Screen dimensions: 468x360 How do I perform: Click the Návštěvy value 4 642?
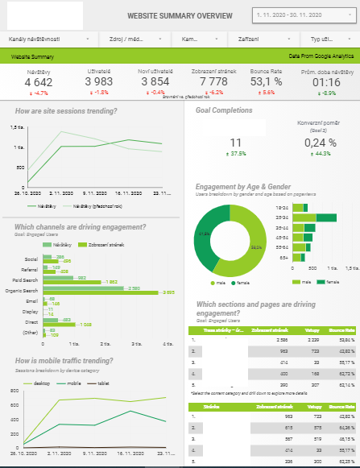(38, 82)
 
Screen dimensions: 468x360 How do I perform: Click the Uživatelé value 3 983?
(104, 82)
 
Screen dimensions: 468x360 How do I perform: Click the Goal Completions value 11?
(236, 143)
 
